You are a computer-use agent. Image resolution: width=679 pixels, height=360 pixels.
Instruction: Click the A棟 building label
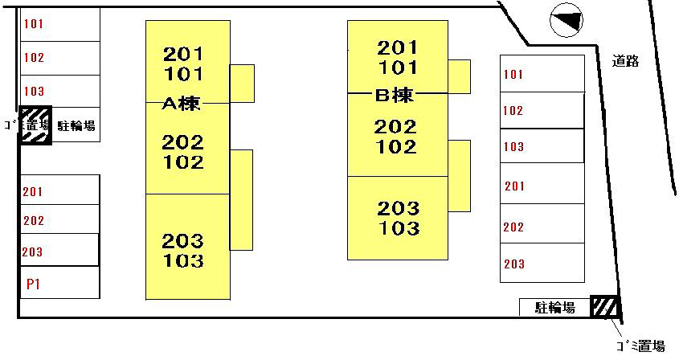182,104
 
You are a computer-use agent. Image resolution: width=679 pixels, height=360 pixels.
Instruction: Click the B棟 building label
395,95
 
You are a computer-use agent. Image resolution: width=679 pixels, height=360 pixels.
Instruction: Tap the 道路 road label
624,60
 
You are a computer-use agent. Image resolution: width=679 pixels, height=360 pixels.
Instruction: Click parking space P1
33,284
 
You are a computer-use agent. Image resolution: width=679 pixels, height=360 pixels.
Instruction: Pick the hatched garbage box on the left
35,126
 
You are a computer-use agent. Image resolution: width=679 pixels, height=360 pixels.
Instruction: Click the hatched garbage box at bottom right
604,306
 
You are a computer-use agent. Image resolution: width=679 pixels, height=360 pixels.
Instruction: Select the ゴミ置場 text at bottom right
640,346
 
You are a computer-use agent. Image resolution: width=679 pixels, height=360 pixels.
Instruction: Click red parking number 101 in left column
34,24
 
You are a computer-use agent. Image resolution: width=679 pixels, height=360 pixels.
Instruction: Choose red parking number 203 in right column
514,264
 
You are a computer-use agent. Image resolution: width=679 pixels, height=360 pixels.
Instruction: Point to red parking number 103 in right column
513,147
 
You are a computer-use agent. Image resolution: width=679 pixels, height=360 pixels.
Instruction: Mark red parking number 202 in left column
33,221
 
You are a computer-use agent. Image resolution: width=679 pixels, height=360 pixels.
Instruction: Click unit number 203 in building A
183,240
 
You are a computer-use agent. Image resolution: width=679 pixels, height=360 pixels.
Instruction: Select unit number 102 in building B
396,147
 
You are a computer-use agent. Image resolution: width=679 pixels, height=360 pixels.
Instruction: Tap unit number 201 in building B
398,47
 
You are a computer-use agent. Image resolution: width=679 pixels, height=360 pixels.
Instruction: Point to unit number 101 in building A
183,75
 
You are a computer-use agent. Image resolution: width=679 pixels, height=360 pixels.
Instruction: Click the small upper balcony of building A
242,80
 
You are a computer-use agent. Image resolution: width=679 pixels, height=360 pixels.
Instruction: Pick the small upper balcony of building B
459,76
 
